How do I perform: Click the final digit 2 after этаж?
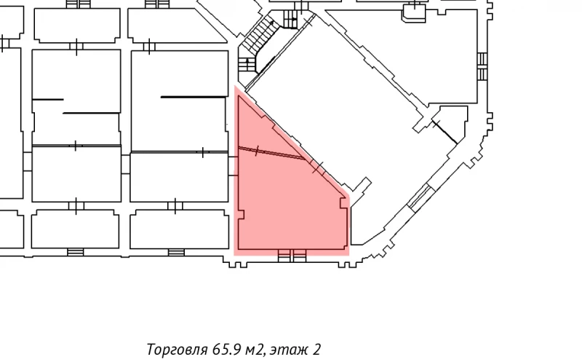click(317, 349)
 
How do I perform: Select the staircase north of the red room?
click(258, 44)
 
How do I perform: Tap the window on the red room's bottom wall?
click(292, 253)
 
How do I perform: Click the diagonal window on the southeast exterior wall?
click(419, 195)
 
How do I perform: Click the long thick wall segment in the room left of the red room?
click(193, 96)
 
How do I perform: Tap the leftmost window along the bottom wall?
click(76, 252)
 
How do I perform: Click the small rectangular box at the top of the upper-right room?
click(412, 12)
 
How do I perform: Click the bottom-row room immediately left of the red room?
click(178, 229)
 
